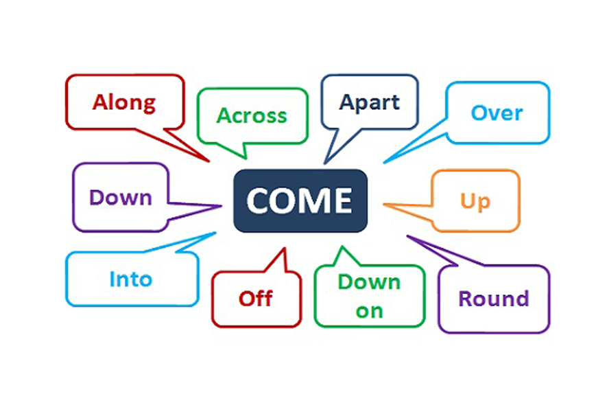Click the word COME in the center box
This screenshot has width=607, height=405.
(300, 200)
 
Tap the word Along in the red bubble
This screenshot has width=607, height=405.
(124, 102)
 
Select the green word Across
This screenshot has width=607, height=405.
(252, 115)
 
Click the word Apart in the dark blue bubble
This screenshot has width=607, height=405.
(370, 102)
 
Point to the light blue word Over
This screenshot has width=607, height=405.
(497, 113)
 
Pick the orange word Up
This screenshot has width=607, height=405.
(475, 202)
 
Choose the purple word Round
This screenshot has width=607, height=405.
(494, 299)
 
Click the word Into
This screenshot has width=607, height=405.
(130, 279)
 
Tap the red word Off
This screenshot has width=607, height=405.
(255, 298)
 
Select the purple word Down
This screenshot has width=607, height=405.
(120, 198)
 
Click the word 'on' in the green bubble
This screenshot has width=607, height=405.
(369, 311)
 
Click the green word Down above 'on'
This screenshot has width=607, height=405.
(369, 282)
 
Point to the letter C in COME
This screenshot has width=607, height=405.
(259, 200)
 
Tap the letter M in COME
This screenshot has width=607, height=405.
(316, 200)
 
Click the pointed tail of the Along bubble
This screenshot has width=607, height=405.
(206, 160)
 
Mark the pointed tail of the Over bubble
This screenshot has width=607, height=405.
(385, 162)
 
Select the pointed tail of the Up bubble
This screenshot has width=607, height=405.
(385, 204)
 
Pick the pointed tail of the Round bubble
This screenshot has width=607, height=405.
(409, 237)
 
